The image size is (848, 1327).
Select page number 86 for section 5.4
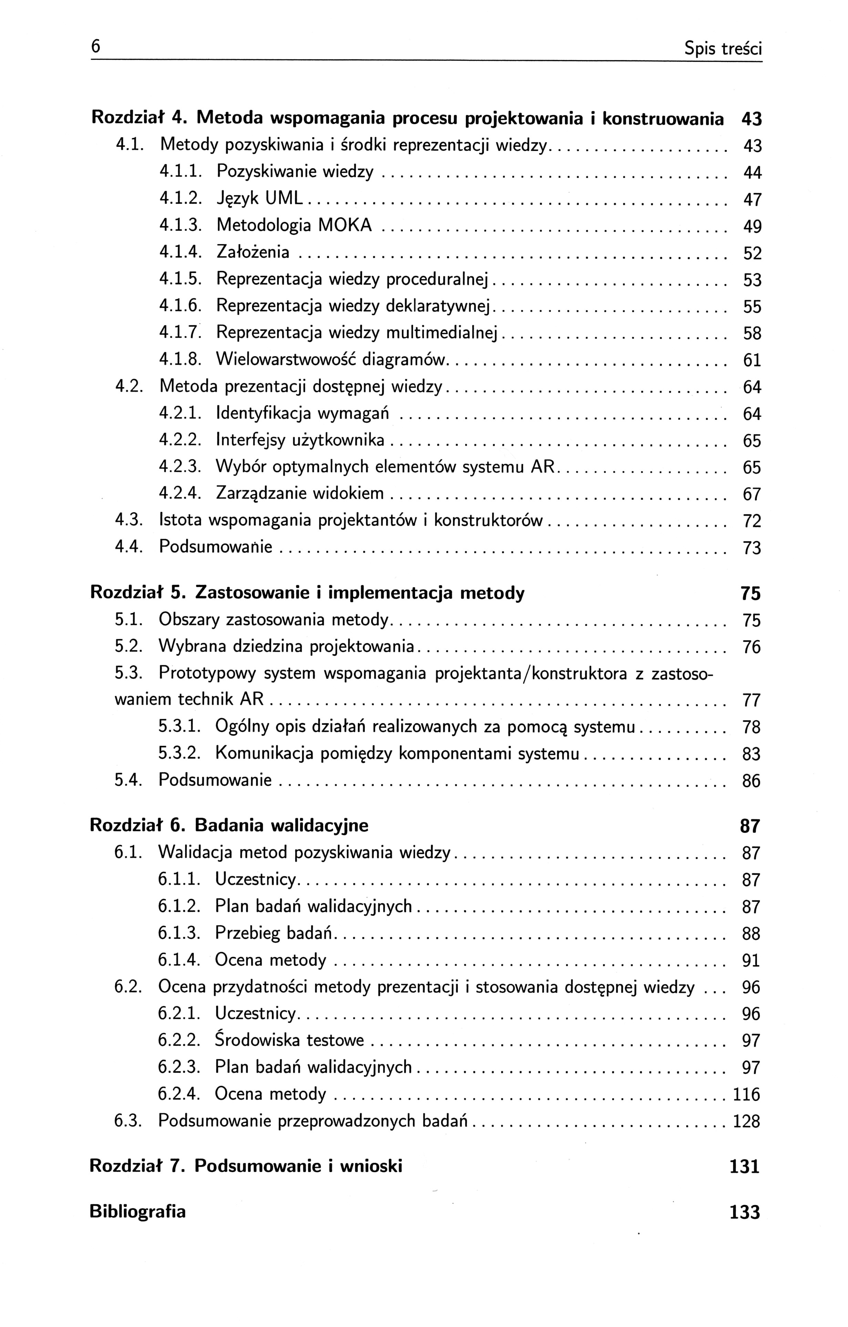(x=751, y=781)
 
